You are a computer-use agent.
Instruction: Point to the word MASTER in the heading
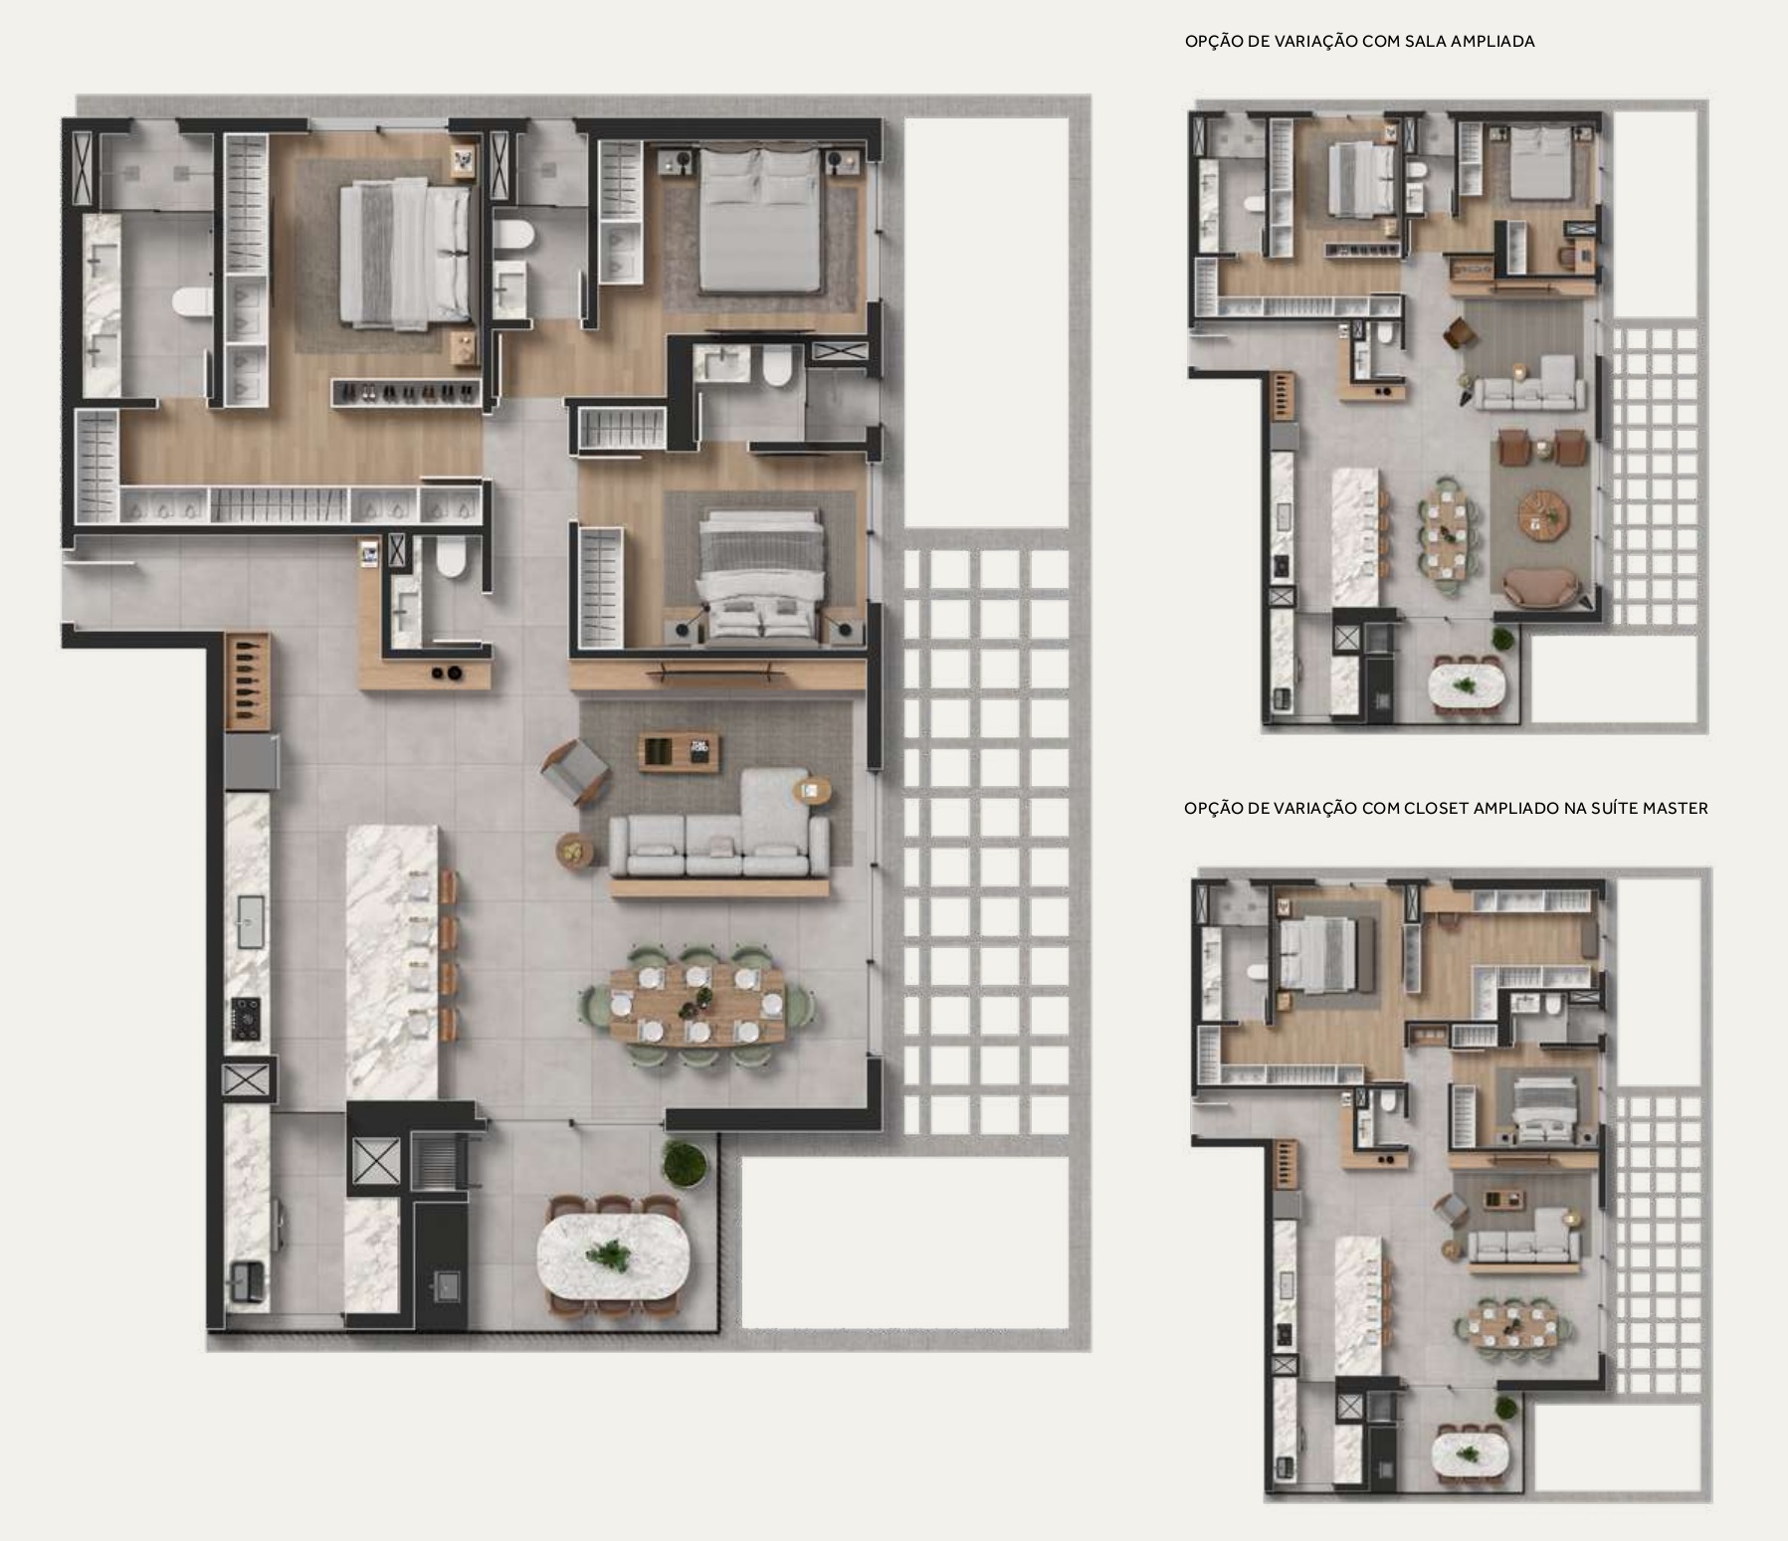click(1676, 809)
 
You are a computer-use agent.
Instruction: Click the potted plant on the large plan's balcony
click(685, 1164)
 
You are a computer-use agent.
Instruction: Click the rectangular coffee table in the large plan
click(681, 750)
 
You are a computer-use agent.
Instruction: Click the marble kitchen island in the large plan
click(392, 961)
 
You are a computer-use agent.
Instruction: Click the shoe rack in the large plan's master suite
click(406, 391)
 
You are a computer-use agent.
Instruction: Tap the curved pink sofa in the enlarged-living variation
click(1541, 587)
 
